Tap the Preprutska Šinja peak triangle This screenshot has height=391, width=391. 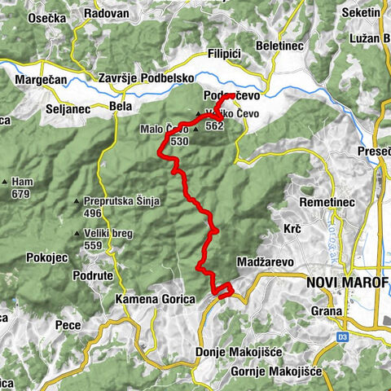(x=77, y=201)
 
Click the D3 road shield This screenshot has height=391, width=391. (x=342, y=335)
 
